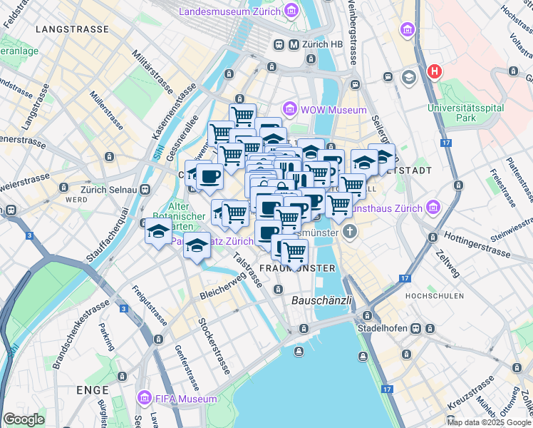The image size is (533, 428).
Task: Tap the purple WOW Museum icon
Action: coord(290,109)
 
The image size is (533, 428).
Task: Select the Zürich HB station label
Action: coord(324,45)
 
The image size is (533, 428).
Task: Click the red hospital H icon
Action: coord(434,71)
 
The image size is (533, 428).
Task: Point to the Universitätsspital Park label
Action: coord(465,113)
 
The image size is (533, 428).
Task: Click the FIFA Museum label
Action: coord(187,399)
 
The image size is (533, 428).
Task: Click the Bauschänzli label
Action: coord(322,301)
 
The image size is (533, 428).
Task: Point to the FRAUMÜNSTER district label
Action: coord(298,267)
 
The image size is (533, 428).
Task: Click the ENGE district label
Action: coord(91,390)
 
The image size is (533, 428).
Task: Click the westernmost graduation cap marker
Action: coord(158,231)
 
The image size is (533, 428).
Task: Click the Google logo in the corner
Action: coord(24,419)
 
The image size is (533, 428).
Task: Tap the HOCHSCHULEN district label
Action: coord(434,295)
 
